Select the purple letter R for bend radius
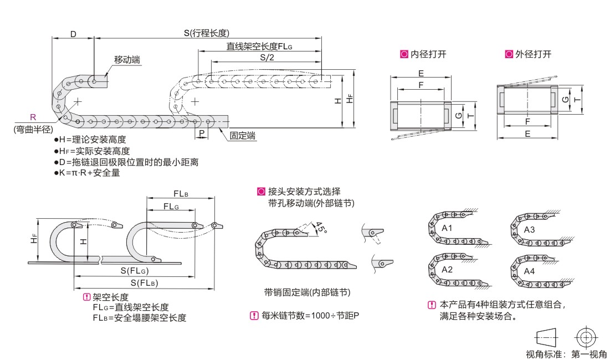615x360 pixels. pos(33,117)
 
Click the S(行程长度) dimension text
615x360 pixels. pos(207,33)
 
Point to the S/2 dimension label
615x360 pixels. pos(266,58)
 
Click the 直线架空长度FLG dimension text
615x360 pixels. pos(259,47)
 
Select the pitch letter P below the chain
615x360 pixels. pos(202,134)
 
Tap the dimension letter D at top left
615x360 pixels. pos(73,33)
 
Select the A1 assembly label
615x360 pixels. pos(447,228)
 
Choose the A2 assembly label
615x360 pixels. pos(447,269)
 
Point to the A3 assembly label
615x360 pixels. pos(529,229)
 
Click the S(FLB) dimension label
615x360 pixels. pos(146,283)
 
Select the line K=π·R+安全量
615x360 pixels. pos(90,173)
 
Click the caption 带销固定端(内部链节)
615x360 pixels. pos(307,292)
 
